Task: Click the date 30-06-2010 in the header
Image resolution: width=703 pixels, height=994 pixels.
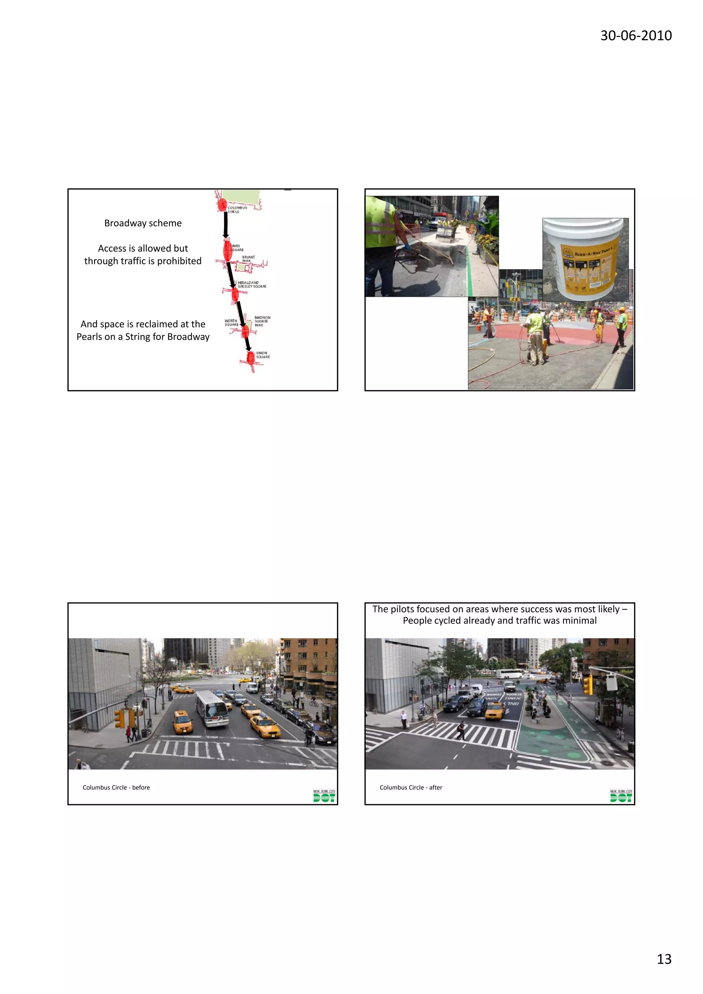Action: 635,35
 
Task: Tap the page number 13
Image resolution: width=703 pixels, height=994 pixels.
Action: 664,959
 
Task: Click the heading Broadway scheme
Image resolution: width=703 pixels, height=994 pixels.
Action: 143,223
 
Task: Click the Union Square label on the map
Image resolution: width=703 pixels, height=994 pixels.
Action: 263,355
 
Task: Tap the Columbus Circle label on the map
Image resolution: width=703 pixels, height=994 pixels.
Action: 237,210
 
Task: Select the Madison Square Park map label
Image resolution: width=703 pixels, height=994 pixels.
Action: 262,321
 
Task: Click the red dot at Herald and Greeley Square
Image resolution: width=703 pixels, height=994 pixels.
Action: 235,294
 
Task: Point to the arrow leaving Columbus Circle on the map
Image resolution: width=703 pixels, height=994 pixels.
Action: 225,224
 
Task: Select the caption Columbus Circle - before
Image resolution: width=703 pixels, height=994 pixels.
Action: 116,787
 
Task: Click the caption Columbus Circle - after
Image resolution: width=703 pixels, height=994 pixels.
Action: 411,787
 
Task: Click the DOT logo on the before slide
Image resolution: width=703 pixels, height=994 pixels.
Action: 324,796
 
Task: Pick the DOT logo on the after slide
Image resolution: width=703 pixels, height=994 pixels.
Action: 621,796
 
